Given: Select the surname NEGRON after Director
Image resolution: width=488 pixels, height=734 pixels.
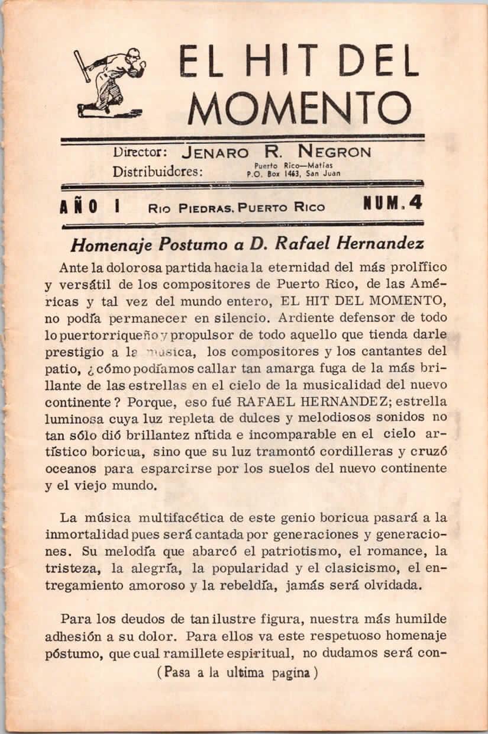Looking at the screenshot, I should [335, 152].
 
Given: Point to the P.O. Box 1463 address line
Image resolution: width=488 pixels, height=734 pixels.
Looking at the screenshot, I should [293, 174].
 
